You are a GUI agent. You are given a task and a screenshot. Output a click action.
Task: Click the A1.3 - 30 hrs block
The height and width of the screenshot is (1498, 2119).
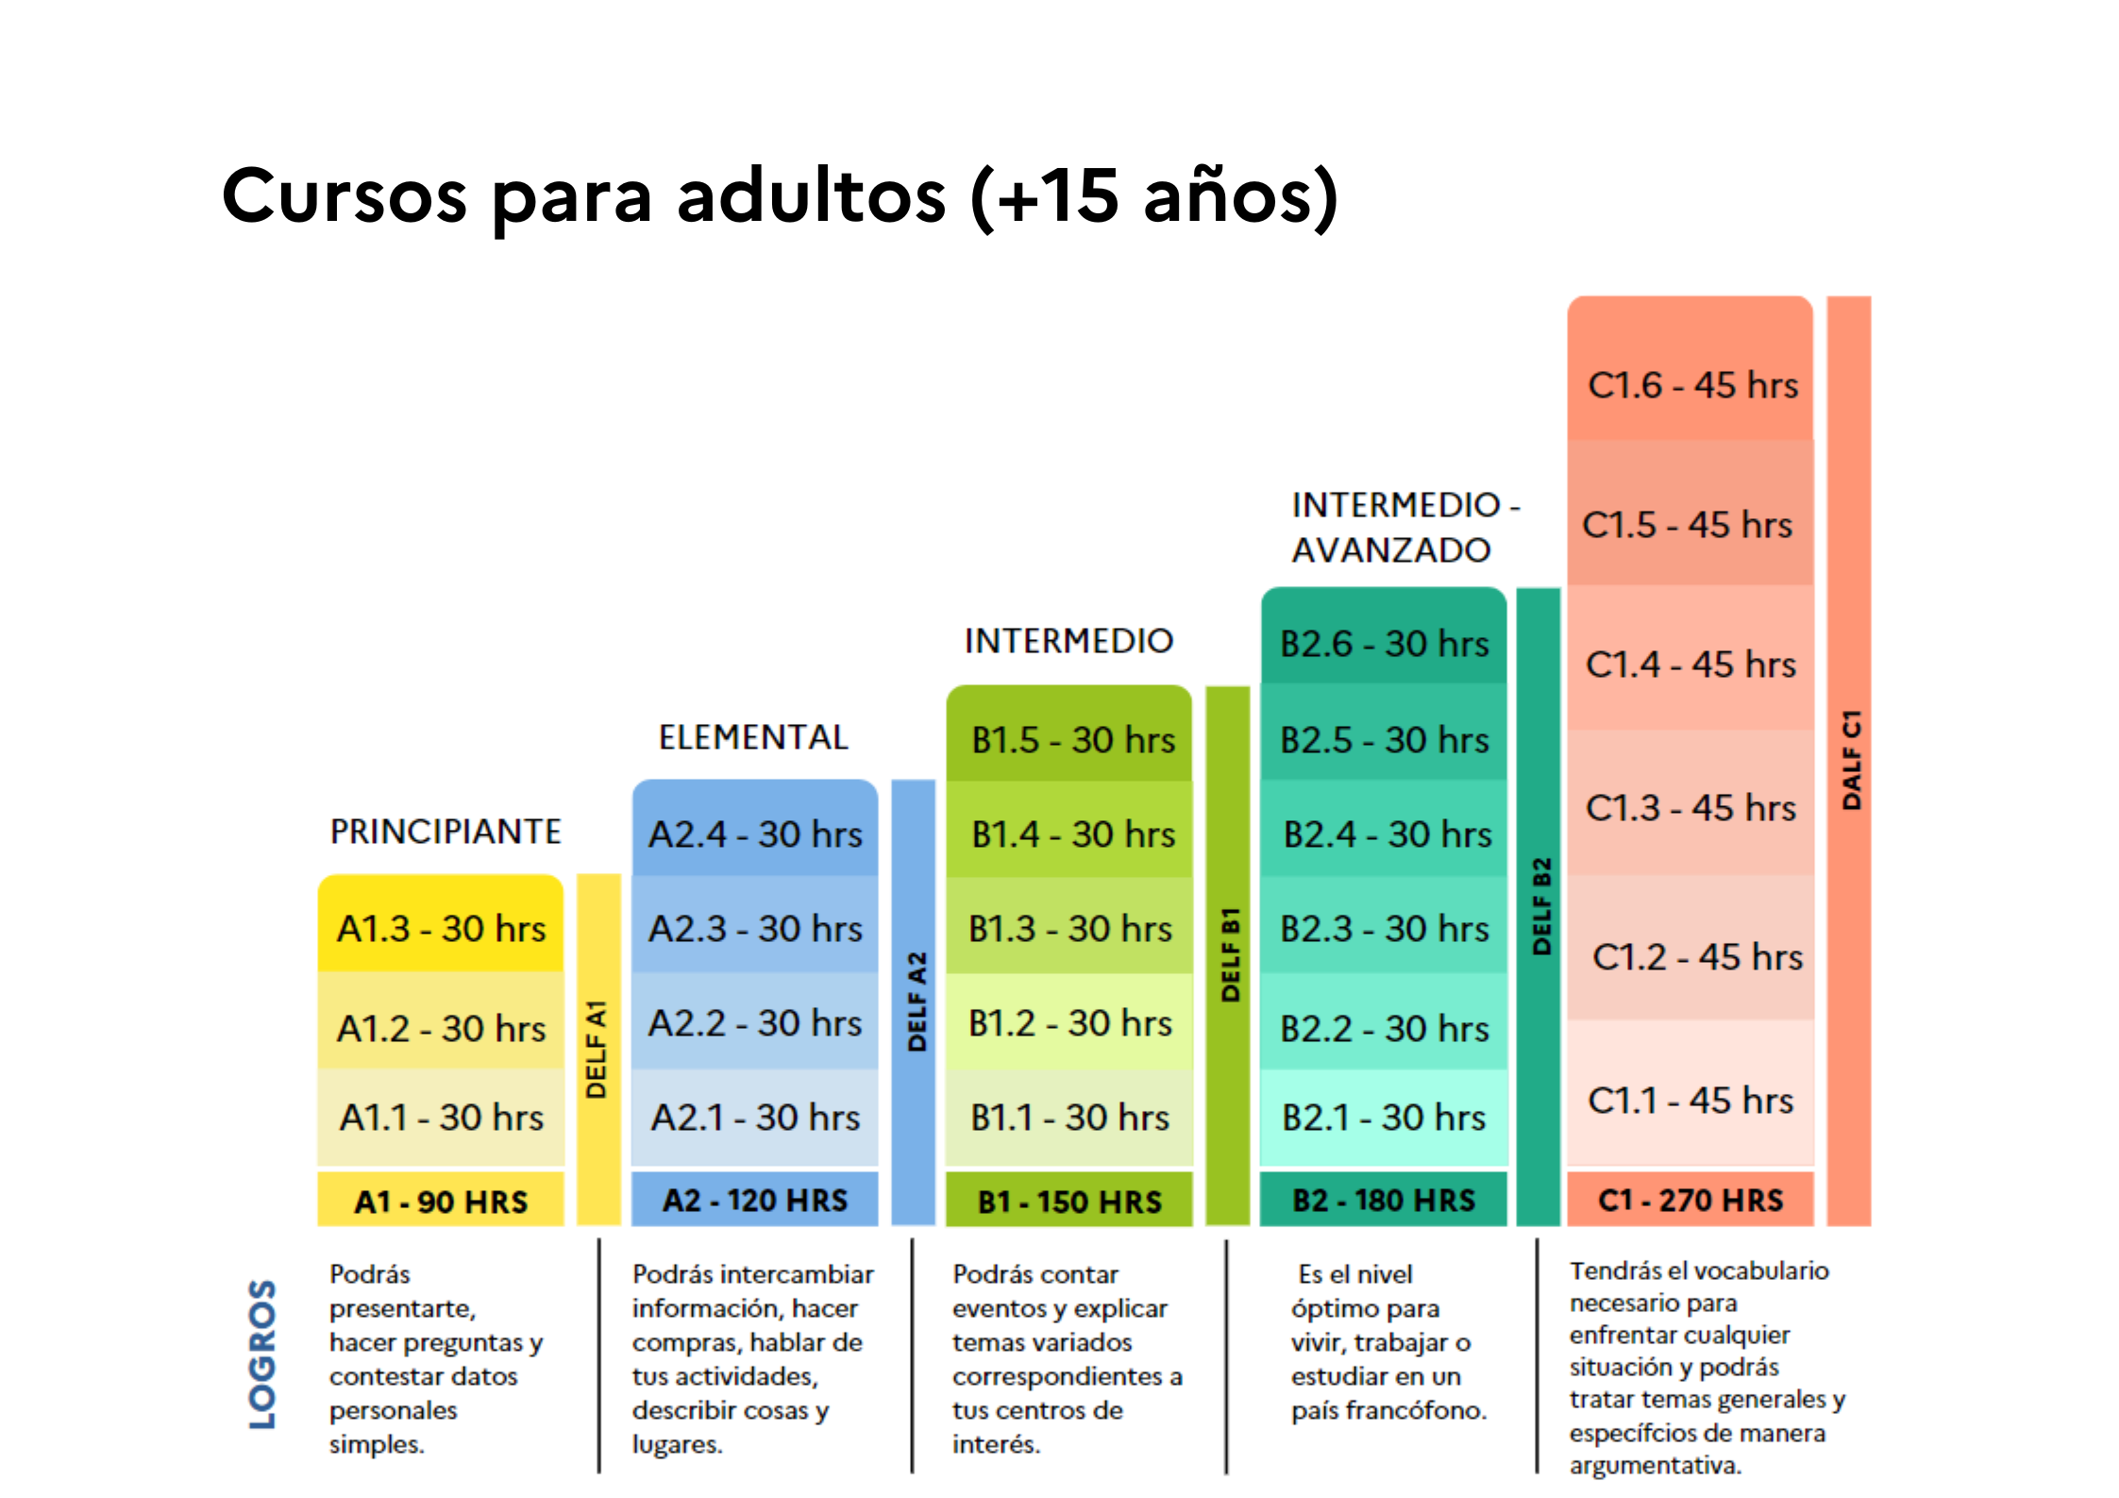(x=441, y=929)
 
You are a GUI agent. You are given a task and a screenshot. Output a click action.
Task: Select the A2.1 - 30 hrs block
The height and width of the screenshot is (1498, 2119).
(x=755, y=1118)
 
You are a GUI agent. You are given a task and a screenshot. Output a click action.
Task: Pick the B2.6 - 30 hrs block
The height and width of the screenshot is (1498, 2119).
(x=1384, y=644)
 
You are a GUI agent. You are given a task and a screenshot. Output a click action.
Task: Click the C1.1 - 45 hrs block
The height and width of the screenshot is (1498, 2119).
(x=1690, y=1101)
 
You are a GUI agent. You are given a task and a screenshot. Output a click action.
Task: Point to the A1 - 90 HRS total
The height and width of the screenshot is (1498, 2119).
(x=441, y=1202)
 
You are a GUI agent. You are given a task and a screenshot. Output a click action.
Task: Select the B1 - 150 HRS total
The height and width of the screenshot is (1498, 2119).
(x=1069, y=1202)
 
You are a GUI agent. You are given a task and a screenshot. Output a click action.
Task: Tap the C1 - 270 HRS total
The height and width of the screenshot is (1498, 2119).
(x=1690, y=1201)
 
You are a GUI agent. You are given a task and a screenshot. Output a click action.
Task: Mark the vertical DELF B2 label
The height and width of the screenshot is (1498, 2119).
(x=1541, y=906)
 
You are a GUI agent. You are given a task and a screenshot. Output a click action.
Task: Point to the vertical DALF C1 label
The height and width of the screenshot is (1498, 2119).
(x=1852, y=760)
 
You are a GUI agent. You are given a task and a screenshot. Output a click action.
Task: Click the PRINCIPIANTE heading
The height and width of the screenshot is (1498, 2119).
(x=446, y=832)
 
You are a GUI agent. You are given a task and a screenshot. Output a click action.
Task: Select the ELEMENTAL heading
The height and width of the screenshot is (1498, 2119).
(x=753, y=737)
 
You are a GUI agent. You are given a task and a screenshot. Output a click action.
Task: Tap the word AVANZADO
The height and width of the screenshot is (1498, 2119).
(x=1391, y=549)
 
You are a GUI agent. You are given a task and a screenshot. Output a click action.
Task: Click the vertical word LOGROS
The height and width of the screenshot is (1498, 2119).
(x=262, y=1354)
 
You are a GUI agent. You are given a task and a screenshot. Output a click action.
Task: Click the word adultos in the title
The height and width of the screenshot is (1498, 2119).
(x=812, y=196)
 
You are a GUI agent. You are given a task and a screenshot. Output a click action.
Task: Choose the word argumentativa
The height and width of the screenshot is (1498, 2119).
(x=1656, y=1465)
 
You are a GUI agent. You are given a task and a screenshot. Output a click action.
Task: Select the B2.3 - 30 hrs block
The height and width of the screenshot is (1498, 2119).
(x=1384, y=929)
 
